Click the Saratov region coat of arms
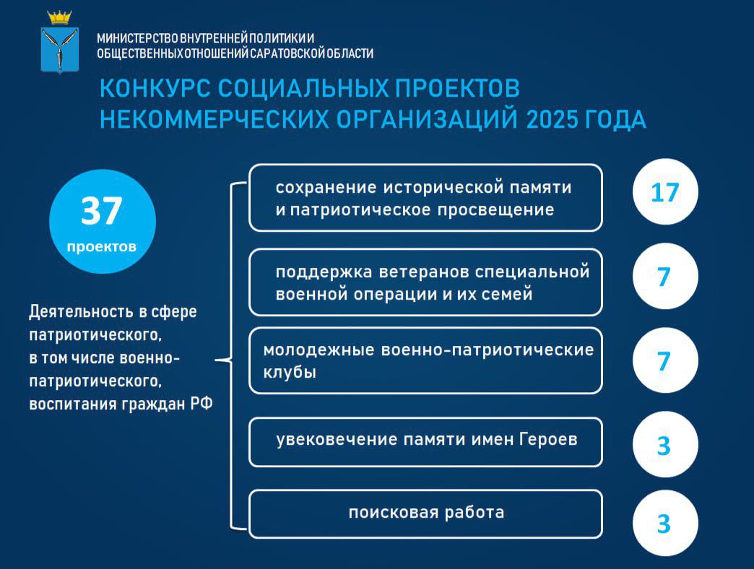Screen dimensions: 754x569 (x=60, y=42)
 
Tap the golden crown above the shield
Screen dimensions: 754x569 (x=60, y=18)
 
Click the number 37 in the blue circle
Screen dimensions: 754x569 (x=101, y=211)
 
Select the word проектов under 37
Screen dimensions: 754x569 (x=101, y=247)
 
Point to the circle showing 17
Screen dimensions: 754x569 (x=665, y=192)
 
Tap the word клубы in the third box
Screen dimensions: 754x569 (x=290, y=373)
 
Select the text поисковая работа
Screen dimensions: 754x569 (x=426, y=512)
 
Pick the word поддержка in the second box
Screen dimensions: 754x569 (x=324, y=272)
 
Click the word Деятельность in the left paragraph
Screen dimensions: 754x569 (x=82, y=312)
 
